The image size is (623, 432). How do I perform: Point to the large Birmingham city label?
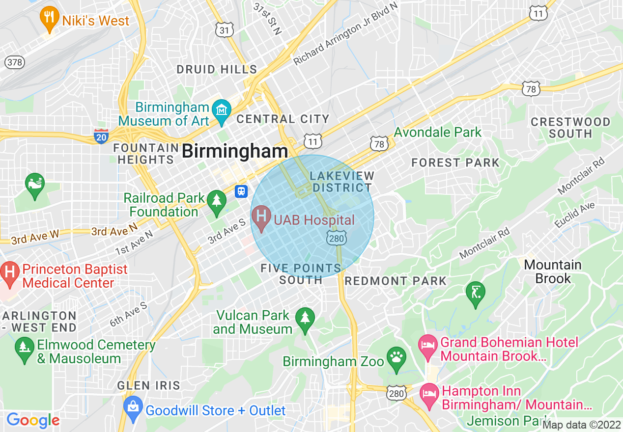[x=234, y=151]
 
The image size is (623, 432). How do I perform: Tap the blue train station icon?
[x=241, y=191]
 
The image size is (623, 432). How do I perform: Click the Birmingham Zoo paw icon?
[x=396, y=358]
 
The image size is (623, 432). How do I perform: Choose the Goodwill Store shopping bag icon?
[x=133, y=407]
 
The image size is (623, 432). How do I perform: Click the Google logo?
[x=33, y=420]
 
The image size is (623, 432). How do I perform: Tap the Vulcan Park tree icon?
[x=305, y=319]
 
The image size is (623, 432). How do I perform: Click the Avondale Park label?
[x=438, y=132]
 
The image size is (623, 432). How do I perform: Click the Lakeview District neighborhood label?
[x=342, y=182]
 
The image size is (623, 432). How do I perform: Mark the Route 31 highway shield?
[x=224, y=30]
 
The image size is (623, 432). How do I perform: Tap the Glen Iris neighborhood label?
[x=149, y=385]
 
